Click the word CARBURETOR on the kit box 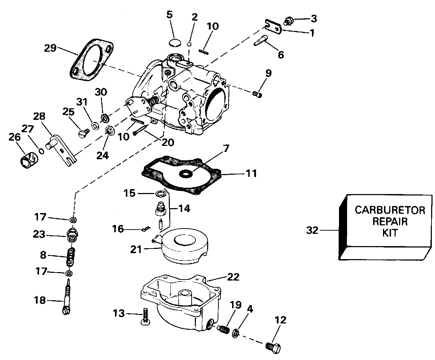click(x=390, y=210)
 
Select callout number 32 click(x=312, y=231)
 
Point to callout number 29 click(x=51, y=47)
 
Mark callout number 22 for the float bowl click(x=234, y=277)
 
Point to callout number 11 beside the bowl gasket click(x=251, y=173)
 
